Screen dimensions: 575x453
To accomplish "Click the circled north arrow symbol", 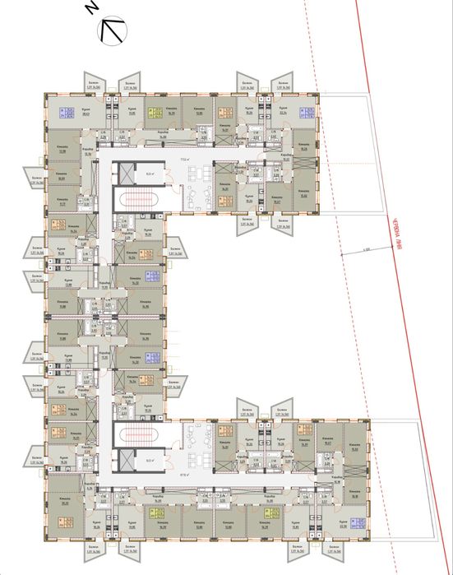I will [113, 32].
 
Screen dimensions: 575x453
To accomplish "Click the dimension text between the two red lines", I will [365, 248].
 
